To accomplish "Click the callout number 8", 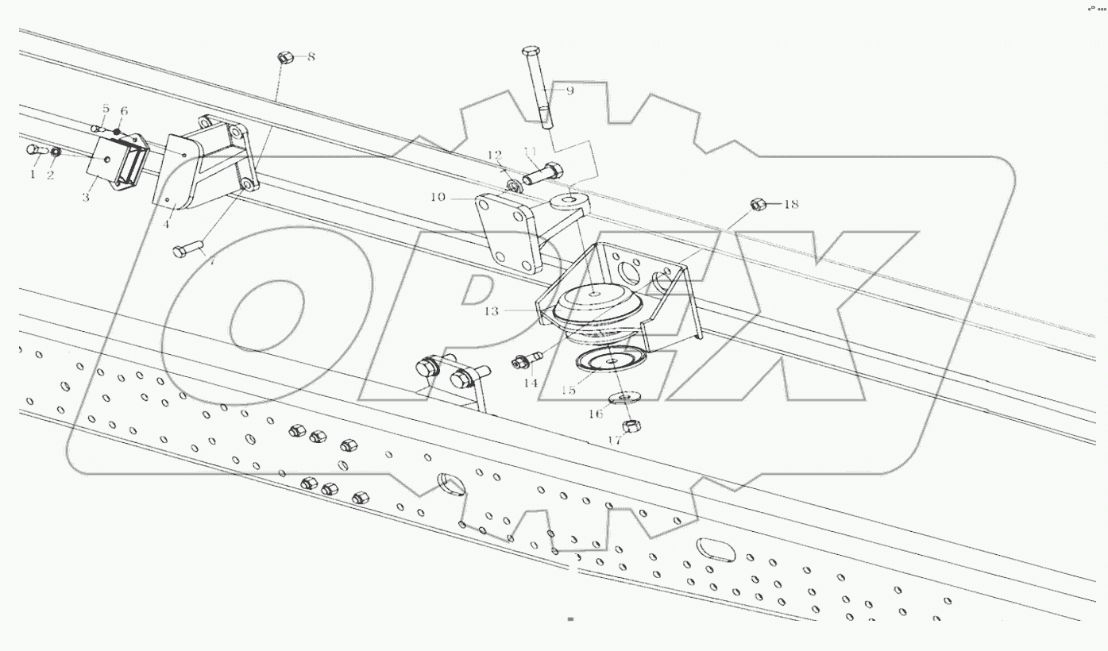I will pos(311,56).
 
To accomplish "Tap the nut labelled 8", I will pos(286,57).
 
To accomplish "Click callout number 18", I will pos(790,205).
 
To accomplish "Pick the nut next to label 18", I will pos(758,205).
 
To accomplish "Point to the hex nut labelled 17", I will pos(628,427).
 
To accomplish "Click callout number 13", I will pos(491,311).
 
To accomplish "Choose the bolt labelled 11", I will pos(543,171).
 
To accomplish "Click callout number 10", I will pos(438,196).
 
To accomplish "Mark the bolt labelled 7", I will pos(188,250).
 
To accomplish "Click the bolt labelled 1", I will pos(35,149).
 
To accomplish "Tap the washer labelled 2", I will pos(55,152).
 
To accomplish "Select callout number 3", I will pos(86,196).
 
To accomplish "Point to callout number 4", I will pos(166,225).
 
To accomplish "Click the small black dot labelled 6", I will pos(117,131).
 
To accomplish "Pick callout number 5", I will pos(105,109).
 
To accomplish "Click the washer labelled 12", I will pos(512,187).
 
